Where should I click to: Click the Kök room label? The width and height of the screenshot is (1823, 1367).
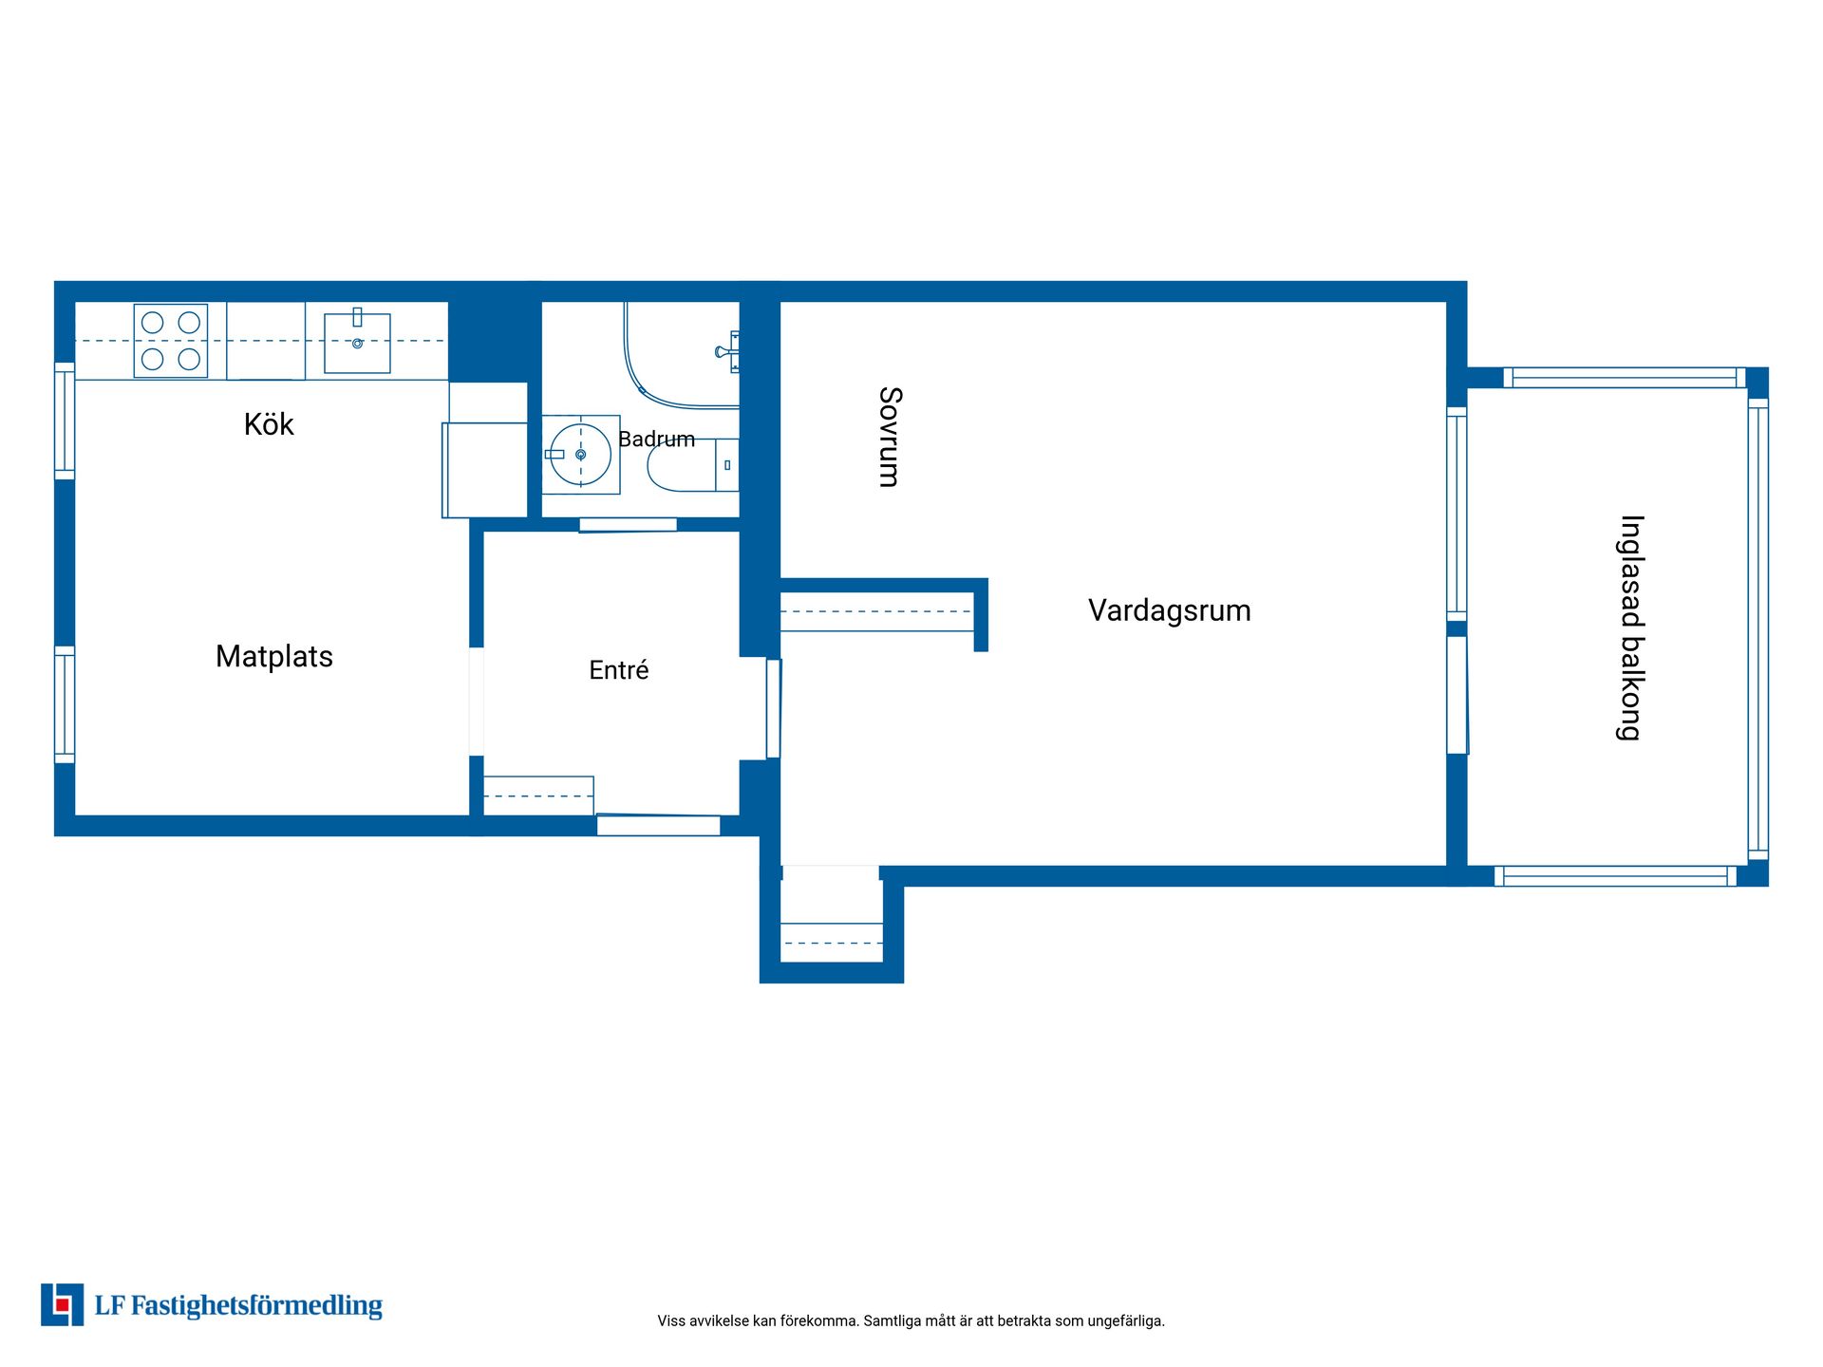269,424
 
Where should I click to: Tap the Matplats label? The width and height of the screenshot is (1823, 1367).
274,656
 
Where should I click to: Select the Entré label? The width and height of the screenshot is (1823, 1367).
619,670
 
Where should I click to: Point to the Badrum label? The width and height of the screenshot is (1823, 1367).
656,440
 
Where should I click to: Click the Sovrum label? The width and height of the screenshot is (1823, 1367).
890,437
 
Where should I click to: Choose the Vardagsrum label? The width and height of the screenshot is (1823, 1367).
1170,610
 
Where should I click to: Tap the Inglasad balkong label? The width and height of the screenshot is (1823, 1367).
1630,627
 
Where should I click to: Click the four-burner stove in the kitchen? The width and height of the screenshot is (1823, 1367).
171,341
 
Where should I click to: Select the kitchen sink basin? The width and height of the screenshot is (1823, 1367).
357,343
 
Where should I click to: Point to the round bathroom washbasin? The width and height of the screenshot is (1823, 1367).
580,455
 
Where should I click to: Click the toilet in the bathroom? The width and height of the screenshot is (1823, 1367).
692,465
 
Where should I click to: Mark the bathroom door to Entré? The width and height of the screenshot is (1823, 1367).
628,525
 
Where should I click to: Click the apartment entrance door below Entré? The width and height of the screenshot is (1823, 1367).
658,825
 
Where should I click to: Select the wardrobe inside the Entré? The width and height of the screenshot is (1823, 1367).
538,796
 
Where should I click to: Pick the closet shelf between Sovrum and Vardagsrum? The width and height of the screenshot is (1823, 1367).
877,612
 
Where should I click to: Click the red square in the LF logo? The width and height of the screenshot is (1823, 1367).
63,1305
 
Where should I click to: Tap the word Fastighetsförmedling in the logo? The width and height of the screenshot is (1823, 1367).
256,1306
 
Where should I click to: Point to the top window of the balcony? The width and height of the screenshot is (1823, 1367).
1624,378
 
